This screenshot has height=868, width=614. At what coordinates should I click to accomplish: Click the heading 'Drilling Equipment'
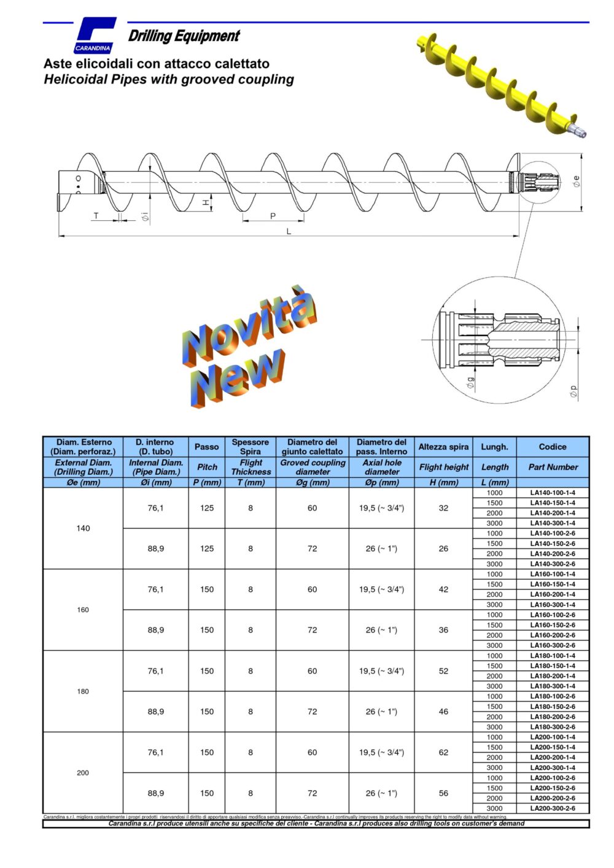coord(184,36)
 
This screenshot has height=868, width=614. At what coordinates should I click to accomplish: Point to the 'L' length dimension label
coord(289,231)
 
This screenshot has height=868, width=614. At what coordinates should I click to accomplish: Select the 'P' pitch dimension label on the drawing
coord(273,215)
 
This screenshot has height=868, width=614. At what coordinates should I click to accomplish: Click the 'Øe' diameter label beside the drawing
coord(576,181)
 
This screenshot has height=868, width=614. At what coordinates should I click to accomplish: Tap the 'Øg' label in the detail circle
coord(470,383)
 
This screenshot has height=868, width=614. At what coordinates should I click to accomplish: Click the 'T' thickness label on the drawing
coord(96,215)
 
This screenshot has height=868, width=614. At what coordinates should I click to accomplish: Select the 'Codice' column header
coord(553,447)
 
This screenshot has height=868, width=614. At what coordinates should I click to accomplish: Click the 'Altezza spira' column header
coord(443,447)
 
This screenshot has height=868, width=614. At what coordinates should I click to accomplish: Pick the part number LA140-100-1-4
coord(553,493)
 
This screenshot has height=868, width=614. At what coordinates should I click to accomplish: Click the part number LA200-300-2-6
coord(553,808)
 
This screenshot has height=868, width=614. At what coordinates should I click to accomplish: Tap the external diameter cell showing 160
coord(83,610)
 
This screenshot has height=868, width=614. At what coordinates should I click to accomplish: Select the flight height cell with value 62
coord(443,752)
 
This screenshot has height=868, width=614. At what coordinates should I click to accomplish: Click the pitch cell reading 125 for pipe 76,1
coord(207,508)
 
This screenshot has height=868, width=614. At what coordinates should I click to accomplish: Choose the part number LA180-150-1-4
coord(553,666)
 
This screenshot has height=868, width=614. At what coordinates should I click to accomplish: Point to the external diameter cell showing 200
coord(83,773)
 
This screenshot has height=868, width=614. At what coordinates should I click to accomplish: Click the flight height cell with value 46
coord(443,712)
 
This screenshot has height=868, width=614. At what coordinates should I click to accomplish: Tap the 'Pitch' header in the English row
coord(207,467)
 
